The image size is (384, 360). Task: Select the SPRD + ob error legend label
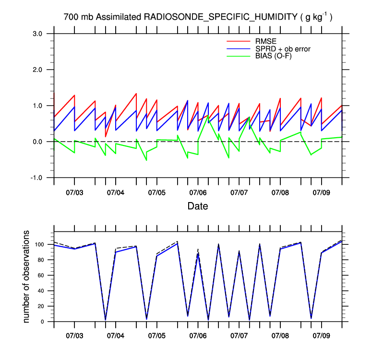(x=283, y=48)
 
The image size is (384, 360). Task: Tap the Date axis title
(x=198, y=206)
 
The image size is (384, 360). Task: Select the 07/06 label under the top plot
(x=198, y=192)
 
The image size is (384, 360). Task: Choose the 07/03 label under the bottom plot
(x=74, y=334)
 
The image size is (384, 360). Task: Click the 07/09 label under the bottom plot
(x=321, y=334)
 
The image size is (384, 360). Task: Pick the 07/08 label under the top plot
(x=280, y=192)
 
